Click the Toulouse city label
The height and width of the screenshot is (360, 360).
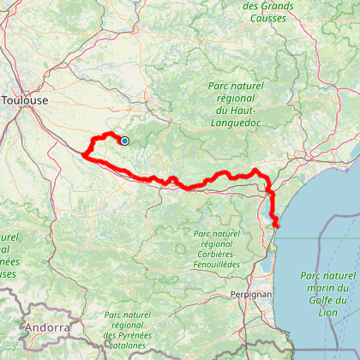(x=25, y=100)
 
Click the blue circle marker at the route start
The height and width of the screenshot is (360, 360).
(x=124, y=141)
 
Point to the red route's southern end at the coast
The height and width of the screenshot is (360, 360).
(x=277, y=225)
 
